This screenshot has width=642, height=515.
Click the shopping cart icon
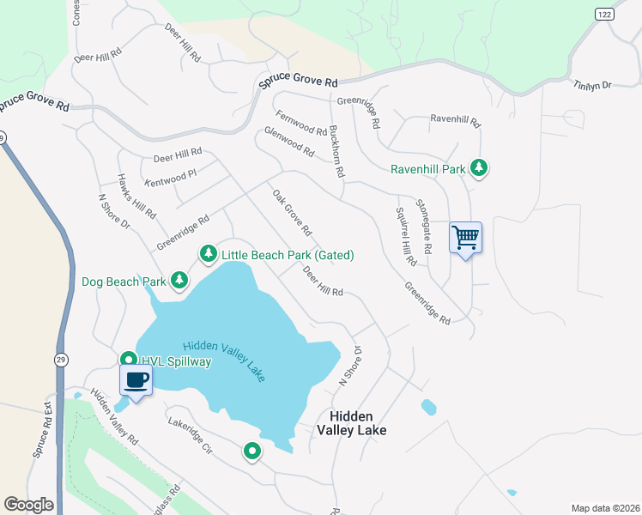pyautogui.click(x=465, y=236)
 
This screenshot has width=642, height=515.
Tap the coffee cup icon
pyautogui.click(x=136, y=379)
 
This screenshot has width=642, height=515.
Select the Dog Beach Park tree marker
pyautogui.click(x=179, y=280)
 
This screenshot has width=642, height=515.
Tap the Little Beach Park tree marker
pyautogui.click(x=208, y=254)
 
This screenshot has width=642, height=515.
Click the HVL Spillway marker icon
pyautogui.click(x=128, y=360)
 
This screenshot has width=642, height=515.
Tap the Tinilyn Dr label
pyautogui.click(x=592, y=85)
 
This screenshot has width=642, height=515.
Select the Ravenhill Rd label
pyautogui.click(x=455, y=118)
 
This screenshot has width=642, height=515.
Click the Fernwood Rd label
pyautogui.click(x=301, y=124)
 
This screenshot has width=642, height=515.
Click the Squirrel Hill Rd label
pyautogui.click(x=406, y=235)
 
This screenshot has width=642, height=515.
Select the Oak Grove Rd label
pyautogui.click(x=292, y=214)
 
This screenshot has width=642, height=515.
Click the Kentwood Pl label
pyautogui.click(x=172, y=177)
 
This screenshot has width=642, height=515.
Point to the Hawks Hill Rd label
pyautogui.click(x=137, y=197)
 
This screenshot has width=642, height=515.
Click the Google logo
pyautogui.click(x=28, y=505)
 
